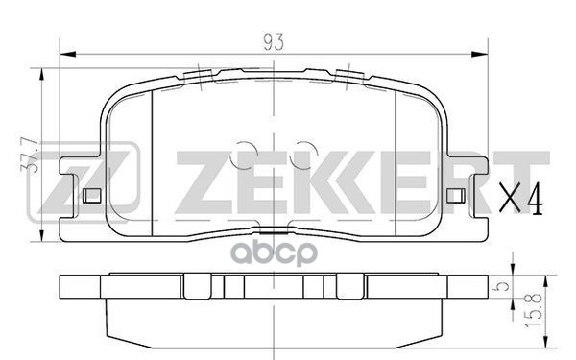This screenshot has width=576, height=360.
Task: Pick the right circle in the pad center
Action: (x=305, y=153)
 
